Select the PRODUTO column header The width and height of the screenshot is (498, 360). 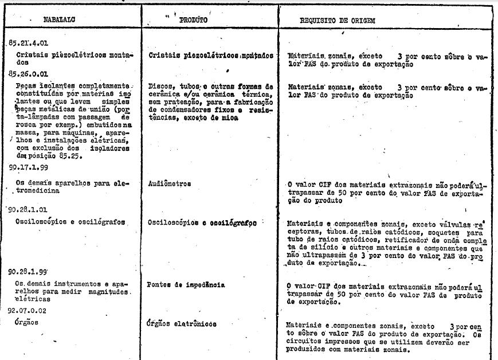click(x=193, y=20)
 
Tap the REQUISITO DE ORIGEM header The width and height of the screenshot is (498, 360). click(x=338, y=21)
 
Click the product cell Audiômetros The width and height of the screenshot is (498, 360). click(x=169, y=185)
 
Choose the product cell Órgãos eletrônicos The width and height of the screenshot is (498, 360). click(x=182, y=324)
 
